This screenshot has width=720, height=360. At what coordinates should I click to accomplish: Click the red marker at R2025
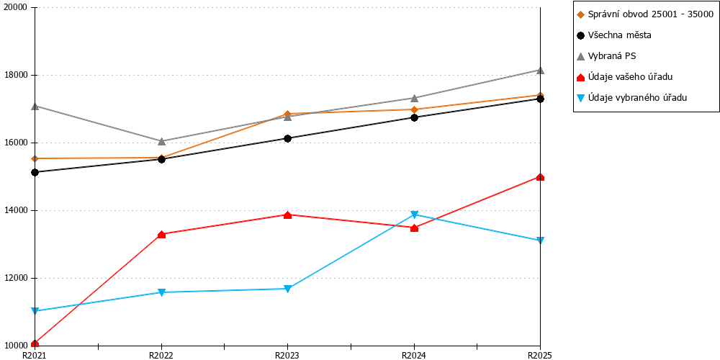(541, 177)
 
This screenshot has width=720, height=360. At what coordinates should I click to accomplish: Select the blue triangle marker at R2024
(414, 215)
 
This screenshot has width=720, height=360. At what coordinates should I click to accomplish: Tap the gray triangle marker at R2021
(35, 106)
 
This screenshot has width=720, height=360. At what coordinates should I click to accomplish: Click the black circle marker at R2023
(287, 138)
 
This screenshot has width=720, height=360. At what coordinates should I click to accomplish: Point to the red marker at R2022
(161, 235)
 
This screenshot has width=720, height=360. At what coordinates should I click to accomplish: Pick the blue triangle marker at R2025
(541, 240)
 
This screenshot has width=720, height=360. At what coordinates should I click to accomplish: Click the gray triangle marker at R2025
(541, 70)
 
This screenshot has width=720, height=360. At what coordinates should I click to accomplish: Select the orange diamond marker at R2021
(35, 158)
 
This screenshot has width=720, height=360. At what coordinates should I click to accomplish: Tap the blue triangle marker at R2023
(287, 289)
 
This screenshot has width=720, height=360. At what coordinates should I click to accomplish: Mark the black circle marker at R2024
(414, 117)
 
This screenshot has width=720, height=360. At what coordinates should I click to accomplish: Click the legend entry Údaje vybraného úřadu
(631, 97)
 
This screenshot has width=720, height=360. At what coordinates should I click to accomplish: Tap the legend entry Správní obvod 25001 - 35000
(644, 14)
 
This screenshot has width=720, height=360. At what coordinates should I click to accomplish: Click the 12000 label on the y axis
(17, 278)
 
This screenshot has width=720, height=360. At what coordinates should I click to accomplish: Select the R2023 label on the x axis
(287, 355)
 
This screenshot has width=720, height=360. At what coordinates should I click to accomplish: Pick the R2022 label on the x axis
(161, 355)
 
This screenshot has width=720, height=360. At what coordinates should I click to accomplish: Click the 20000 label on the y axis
(17, 8)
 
